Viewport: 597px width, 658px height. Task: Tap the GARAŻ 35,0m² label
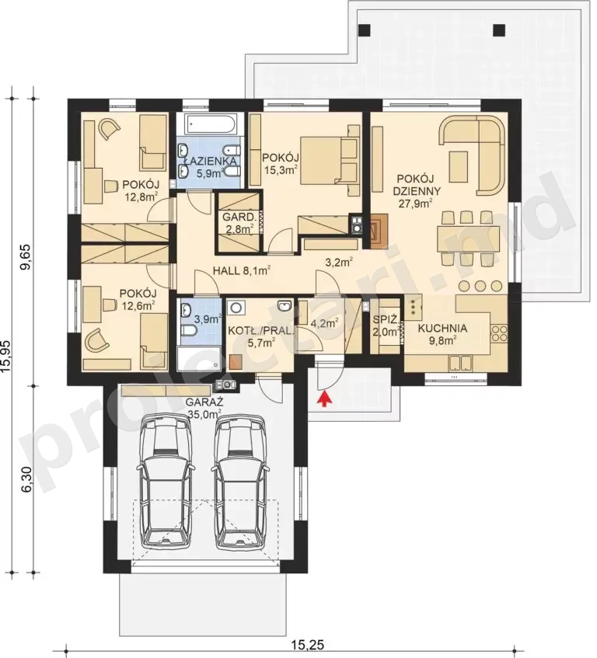[204, 408]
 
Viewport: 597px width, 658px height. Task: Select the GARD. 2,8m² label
[239, 223]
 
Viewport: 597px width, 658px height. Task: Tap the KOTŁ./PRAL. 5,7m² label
[260, 336]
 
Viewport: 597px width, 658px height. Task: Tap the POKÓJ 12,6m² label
[138, 299]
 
